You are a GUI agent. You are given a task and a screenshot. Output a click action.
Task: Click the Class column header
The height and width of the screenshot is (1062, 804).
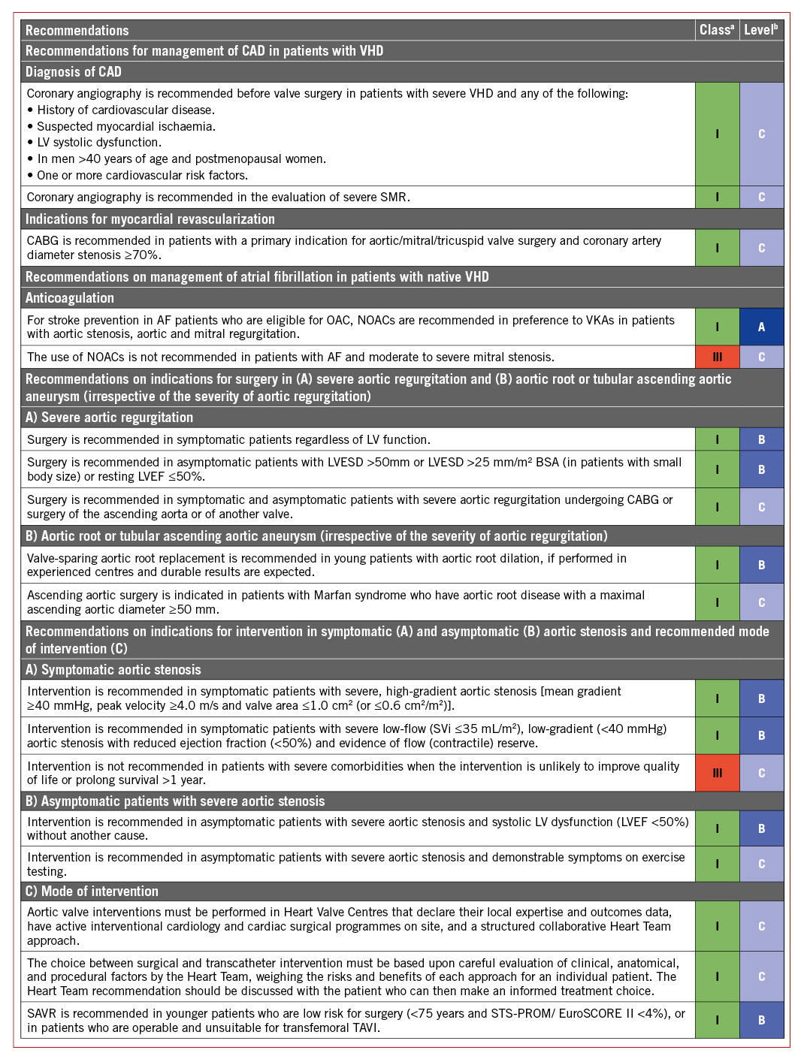pyautogui.click(x=717, y=30)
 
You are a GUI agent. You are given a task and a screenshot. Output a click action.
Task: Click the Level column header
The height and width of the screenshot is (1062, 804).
pyautogui.click(x=761, y=30)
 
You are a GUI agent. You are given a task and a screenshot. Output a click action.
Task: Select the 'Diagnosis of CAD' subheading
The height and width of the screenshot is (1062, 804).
pyautogui.click(x=74, y=72)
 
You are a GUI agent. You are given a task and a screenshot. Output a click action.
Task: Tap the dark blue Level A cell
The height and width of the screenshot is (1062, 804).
pyautogui.click(x=761, y=327)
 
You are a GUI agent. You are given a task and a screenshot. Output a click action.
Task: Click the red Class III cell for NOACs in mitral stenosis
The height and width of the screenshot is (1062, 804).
pyautogui.click(x=717, y=357)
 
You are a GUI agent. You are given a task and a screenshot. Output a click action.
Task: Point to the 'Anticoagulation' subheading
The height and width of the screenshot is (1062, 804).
pyautogui.click(x=70, y=298)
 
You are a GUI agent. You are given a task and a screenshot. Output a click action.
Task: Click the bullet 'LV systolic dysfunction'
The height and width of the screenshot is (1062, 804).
pyautogui.click(x=98, y=143)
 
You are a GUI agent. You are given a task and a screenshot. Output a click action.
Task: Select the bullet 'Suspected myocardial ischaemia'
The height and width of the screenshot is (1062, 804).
pyautogui.click(x=125, y=126)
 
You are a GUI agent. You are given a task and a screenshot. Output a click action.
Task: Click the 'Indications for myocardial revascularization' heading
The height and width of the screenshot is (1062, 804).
pyautogui.click(x=150, y=219)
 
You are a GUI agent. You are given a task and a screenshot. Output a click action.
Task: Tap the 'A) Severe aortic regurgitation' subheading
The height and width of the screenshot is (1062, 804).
pyautogui.click(x=110, y=418)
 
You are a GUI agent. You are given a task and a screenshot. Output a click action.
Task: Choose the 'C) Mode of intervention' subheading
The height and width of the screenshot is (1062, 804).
pyautogui.click(x=92, y=892)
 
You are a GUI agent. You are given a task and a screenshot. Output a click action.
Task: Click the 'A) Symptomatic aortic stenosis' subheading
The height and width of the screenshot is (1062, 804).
pyautogui.click(x=113, y=670)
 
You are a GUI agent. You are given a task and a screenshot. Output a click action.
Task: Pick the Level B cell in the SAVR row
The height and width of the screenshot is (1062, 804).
pyautogui.click(x=761, y=1020)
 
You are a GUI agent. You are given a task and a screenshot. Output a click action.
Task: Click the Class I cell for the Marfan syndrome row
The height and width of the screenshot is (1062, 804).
pyautogui.click(x=717, y=602)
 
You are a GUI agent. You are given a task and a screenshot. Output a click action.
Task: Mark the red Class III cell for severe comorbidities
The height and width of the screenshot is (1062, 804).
pyautogui.click(x=717, y=773)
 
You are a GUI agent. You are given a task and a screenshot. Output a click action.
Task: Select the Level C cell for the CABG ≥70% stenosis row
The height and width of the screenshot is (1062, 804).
pyautogui.click(x=761, y=248)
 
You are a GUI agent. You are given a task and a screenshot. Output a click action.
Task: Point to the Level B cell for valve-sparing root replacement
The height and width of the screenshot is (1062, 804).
pyautogui.click(x=761, y=565)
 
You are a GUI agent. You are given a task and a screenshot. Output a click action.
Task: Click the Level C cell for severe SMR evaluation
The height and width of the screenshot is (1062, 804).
pyautogui.click(x=761, y=198)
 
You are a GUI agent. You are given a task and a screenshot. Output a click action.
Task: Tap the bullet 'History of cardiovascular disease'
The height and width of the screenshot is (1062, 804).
pyautogui.click(x=125, y=110)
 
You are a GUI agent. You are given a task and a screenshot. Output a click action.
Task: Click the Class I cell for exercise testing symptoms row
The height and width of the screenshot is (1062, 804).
pyautogui.click(x=717, y=864)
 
